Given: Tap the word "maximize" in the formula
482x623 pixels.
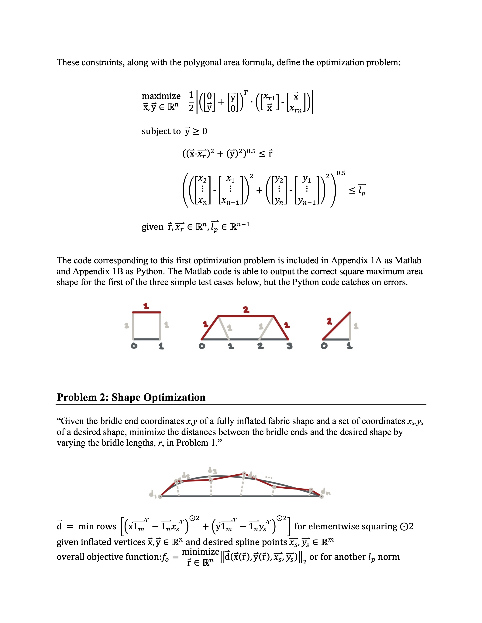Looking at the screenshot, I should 161,96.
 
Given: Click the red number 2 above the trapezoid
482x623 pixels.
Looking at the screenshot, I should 246,309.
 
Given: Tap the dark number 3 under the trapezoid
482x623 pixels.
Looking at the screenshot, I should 290,347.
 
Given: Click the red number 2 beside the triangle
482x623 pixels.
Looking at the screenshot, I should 329,322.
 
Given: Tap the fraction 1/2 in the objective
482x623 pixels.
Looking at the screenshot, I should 191,101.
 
